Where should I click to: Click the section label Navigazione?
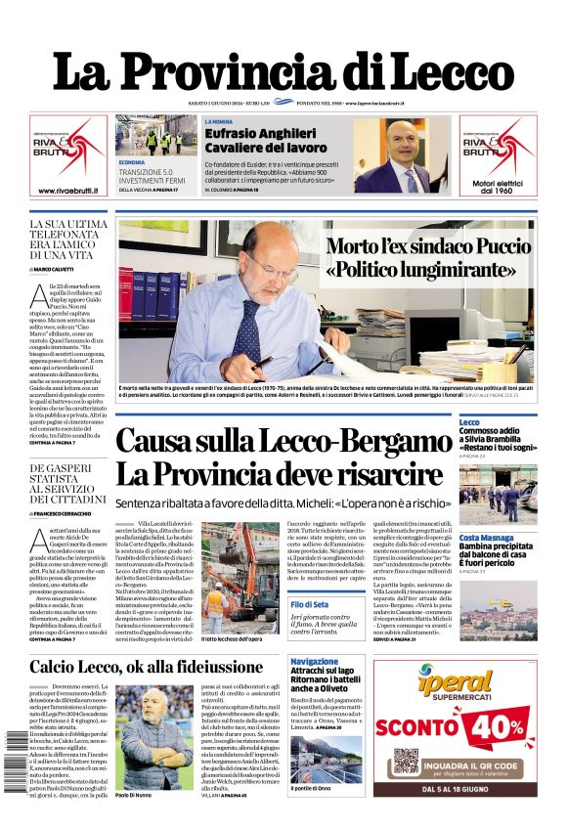coord(314,662)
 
